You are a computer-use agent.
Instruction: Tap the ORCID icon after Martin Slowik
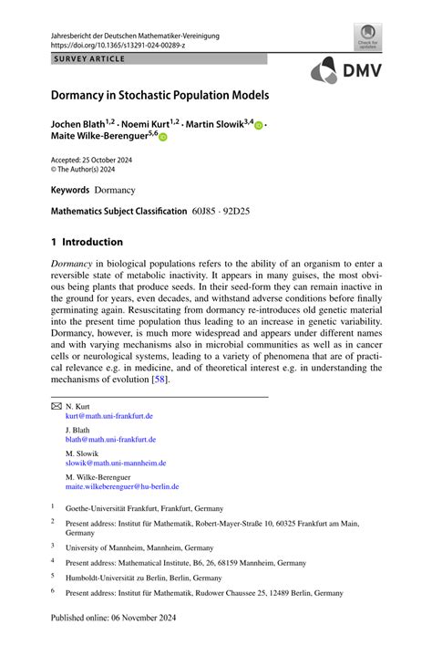coord(258,122)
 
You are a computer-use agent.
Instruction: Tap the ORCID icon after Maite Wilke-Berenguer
coord(164,136)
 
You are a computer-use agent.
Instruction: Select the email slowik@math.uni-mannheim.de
coord(115,463)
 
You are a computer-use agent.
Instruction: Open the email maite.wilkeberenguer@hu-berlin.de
coord(122,486)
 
